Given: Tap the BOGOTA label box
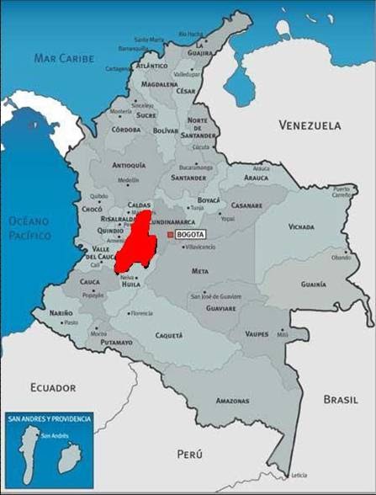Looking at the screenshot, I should (192, 235).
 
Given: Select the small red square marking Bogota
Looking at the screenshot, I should (171, 235).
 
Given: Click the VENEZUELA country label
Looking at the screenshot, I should (310, 125).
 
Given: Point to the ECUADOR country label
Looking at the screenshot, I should (53, 387).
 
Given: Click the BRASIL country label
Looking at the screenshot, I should (341, 401).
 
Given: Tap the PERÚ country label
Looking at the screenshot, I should (190, 454).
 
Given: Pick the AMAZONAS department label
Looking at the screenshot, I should (232, 402).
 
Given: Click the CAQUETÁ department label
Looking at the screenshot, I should (168, 335).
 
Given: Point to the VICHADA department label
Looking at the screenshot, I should (300, 227).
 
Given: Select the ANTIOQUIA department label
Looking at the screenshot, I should (129, 165).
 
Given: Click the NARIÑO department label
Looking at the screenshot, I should (61, 313).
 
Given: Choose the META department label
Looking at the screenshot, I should (200, 272).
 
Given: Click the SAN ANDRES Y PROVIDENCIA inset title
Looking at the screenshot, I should (49, 418).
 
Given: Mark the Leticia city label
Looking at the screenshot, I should (299, 476).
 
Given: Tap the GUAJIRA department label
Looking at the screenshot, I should (199, 52).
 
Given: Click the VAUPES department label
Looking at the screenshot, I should (257, 334).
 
